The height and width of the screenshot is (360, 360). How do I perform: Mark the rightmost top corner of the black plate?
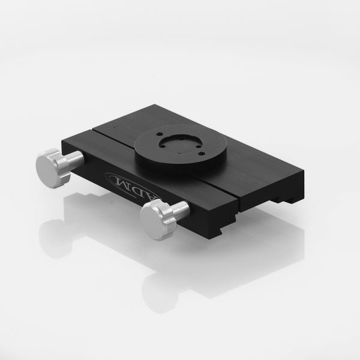click(304, 171)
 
